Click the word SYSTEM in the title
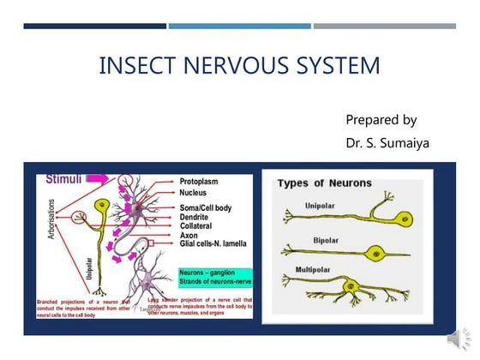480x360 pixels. pyautogui.click(x=331, y=66)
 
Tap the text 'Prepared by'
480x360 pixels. pyautogui.click(x=381, y=119)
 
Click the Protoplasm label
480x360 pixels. pyautogui.click(x=205, y=183)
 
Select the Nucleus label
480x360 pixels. pyautogui.click(x=198, y=194)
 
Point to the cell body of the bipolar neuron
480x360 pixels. pyautogui.click(x=375, y=253)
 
